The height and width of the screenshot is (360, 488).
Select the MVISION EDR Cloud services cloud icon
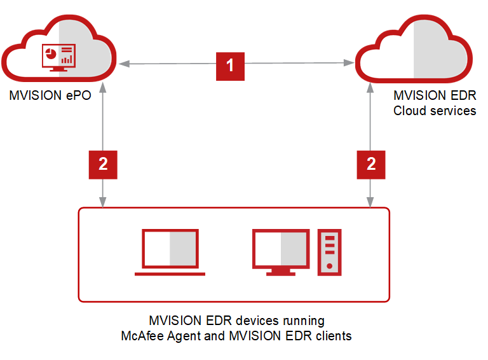click(x=414, y=54)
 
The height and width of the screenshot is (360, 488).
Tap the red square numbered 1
click(x=230, y=64)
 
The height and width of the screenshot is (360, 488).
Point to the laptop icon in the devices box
click(x=170, y=252)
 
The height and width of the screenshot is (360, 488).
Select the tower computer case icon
click(x=329, y=252)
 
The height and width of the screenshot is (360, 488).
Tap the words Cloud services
click(x=435, y=111)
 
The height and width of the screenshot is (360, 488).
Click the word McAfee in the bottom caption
click(x=140, y=335)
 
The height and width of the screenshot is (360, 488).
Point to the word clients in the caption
click(x=334, y=335)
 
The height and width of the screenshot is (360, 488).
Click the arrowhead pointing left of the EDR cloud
click(x=349, y=63)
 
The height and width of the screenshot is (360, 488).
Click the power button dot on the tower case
click(x=329, y=265)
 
